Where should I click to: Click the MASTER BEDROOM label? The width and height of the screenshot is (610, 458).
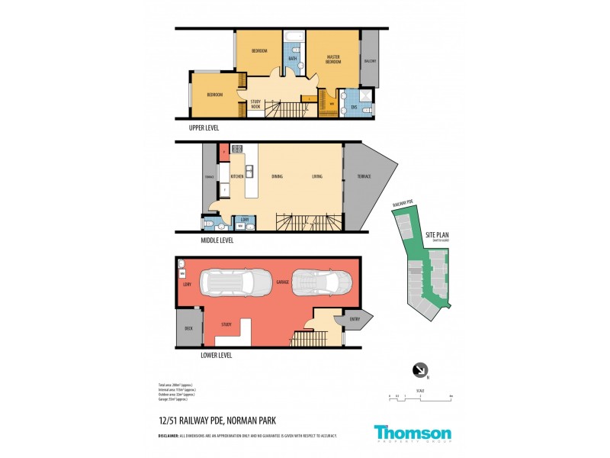(x=333, y=59)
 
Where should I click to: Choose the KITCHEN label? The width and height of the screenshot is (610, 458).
(x=236, y=177)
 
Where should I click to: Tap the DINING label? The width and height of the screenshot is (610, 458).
(x=277, y=177)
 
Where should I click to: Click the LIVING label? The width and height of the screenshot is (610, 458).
(x=317, y=177)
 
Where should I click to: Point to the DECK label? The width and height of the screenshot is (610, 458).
(x=188, y=328)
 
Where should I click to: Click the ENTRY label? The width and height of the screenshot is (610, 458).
(x=355, y=318)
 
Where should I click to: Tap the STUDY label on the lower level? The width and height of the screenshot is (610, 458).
(x=226, y=325)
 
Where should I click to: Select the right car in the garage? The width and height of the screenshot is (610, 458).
(x=322, y=282)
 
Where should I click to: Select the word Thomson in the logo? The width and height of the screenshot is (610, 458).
(x=412, y=431)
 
